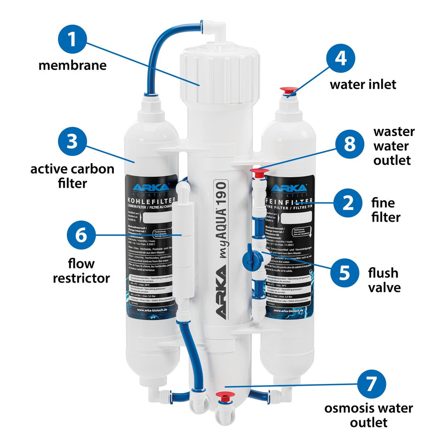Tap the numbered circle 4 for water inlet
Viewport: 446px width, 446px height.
(x=341, y=58)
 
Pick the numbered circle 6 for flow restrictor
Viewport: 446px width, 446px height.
(x=81, y=235)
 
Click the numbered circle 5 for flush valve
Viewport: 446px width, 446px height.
(x=344, y=273)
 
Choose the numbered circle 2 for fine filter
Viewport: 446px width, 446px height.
(x=348, y=202)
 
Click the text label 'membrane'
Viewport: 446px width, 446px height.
(x=72, y=65)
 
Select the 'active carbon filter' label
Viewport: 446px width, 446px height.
(x=72, y=176)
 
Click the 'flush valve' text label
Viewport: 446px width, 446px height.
(x=384, y=280)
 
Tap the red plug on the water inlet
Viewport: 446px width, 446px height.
(x=288, y=90)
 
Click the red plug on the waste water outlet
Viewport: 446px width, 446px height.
(x=259, y=171)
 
